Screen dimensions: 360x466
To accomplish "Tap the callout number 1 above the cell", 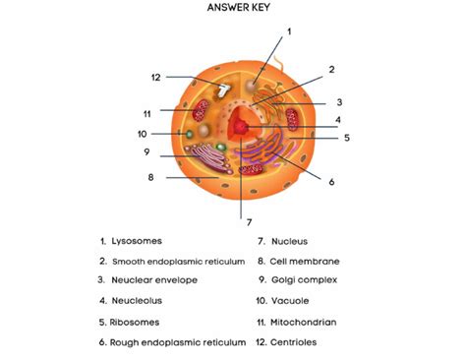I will (289, 31).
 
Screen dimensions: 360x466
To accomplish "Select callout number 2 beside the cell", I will (332, 69).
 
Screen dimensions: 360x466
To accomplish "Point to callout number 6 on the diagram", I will (331, 182).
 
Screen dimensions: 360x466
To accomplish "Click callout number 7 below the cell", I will (250, 221).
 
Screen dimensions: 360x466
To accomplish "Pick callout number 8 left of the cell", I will (150, 178).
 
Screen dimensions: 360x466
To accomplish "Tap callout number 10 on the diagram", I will (143, 134).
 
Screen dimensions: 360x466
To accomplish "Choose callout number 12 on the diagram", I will (155, 77).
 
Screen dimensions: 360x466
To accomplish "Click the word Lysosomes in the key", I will (137, 240).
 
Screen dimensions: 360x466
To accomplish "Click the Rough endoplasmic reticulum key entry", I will (177, 341).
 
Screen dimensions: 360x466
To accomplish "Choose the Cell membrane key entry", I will (305, 261).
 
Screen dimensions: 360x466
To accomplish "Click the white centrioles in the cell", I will (225, 89).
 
